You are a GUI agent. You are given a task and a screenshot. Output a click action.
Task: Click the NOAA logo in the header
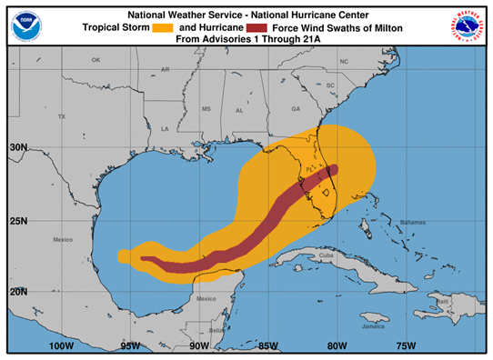coord(26,25)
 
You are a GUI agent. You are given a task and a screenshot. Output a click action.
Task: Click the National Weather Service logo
coord(468,25)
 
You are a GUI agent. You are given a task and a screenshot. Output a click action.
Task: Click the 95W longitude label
coord(130,345)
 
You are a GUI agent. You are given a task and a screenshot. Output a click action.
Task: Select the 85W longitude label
coord(267,345)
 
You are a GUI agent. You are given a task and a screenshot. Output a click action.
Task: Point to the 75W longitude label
coord(407,345)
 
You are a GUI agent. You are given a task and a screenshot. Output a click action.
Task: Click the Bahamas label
coord(412,222)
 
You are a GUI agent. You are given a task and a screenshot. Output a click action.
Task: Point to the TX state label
coord(62,117)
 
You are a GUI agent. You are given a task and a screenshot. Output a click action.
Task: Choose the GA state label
coord(295,109)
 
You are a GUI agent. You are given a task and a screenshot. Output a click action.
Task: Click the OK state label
coord(96,60)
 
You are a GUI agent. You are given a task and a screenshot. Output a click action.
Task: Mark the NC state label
coord(344,62)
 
